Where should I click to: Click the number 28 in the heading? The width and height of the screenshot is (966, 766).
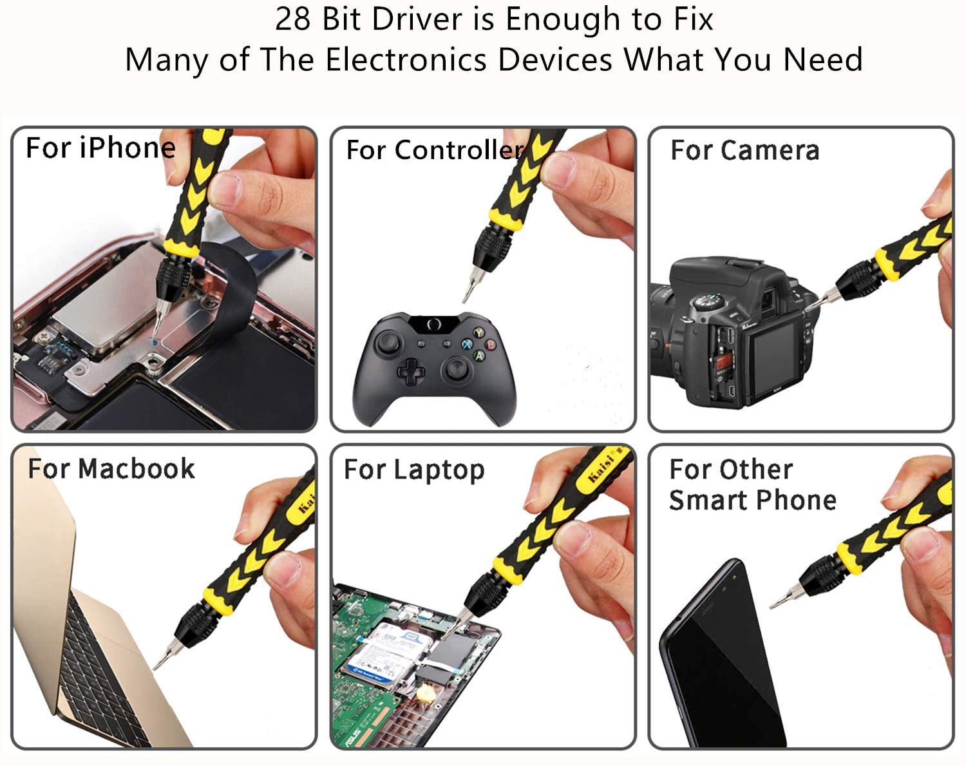(x=292, y=20)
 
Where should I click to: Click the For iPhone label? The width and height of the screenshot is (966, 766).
(x=100, y=148)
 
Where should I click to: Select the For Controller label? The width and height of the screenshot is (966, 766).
(x=435, y=150)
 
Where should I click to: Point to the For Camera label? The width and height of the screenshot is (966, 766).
(x=745, y=150)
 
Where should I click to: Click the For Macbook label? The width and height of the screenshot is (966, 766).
(x=111, y=469)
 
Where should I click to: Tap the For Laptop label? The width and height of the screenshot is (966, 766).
(x=414, y=470)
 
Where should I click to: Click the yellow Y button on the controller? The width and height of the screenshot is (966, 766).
(x=478, y=332)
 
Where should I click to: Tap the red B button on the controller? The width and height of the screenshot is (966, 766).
(x=490, y=345)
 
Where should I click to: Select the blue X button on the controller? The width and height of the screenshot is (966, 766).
(x=468, y=345)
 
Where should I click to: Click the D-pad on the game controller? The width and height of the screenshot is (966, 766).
(x=411, y=372)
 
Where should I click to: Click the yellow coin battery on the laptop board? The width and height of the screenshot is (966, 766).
(x=425, y=694)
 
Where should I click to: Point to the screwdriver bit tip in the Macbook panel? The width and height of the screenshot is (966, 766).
(x=155, y=669)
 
